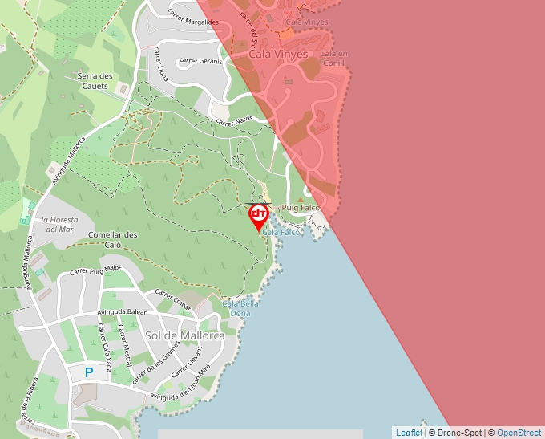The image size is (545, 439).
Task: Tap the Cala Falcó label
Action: [x=281, y=232]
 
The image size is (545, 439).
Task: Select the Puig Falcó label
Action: [x=301, y=208]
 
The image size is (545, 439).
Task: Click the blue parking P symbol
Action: [x=89, y=372]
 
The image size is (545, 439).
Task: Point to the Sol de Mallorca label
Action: [x=184, y=335]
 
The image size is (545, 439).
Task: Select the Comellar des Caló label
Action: [x=113, y=240]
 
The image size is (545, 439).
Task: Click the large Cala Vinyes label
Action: [x=278, y=55]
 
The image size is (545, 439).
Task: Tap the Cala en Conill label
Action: [x=333, y=59]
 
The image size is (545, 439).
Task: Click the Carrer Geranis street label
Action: [x=200, y=60]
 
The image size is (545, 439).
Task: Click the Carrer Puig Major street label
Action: [x=95, y=270]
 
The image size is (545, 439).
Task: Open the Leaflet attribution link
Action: [x=409, y=433]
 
